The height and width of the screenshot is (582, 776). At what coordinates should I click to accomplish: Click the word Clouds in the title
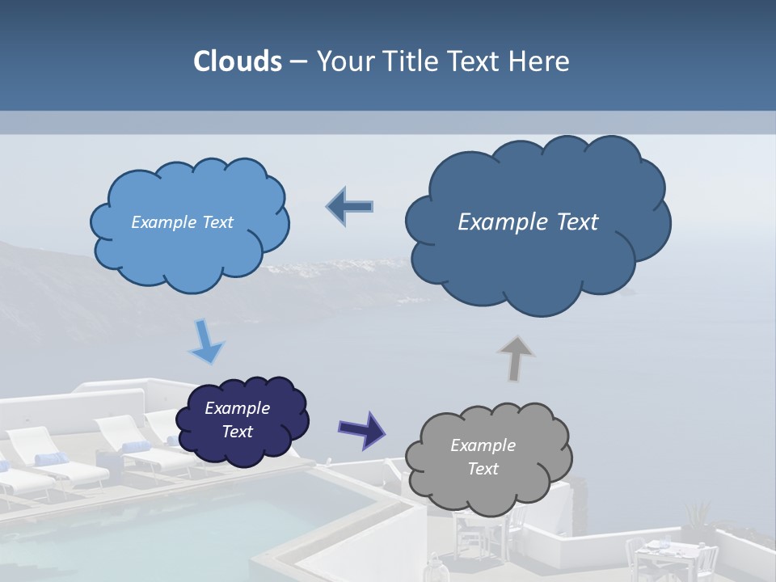237,61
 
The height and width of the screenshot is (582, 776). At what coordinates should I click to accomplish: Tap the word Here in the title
539,61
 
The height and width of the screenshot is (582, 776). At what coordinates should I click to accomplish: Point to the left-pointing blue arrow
349,207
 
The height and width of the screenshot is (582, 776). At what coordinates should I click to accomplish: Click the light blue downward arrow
206,343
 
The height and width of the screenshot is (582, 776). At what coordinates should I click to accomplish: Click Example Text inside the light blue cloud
182,222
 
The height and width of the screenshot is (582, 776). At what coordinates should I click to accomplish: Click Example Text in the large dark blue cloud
528,222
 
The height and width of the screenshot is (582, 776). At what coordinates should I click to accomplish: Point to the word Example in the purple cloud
237,408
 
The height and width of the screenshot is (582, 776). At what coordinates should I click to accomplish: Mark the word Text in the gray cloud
483,469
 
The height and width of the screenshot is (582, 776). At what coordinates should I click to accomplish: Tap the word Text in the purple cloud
237,432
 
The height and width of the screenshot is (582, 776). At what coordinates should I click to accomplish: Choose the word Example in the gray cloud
483,445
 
